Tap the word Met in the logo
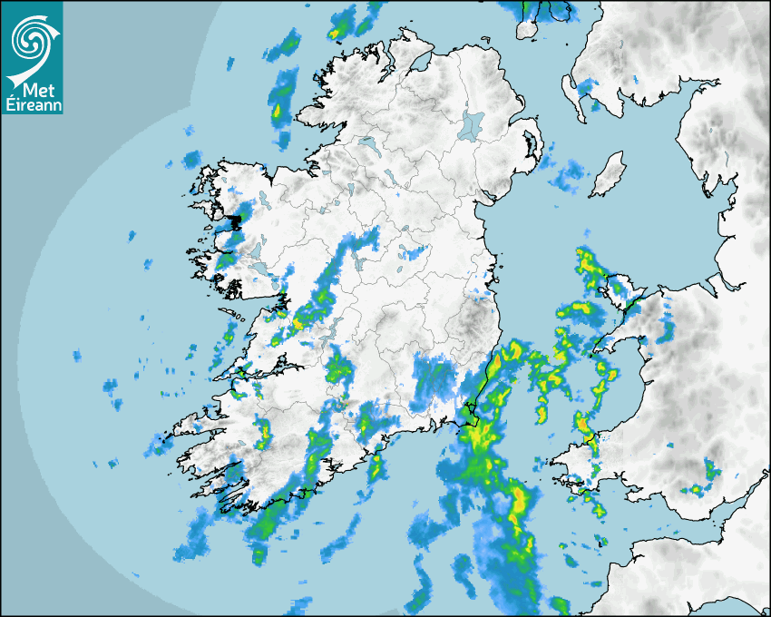tap(34, 91)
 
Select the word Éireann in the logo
tap(32, 104)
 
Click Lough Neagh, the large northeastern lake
tap(471, 124)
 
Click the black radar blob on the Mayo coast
tap(235, 220)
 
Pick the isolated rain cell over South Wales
tap(709, 469)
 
